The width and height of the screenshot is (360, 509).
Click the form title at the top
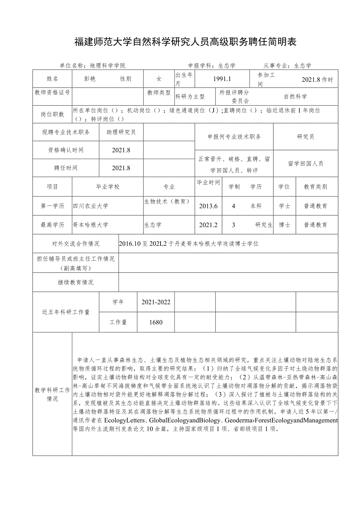click(x=185, y=42)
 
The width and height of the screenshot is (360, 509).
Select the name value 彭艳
click(x=90, y=79)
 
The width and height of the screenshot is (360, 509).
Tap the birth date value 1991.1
click(x=222, y=79)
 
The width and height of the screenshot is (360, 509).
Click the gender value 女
click(x=159, y=79)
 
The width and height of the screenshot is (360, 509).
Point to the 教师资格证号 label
click(x=52, y=93)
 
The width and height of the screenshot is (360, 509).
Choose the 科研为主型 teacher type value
click(x=190, y=96)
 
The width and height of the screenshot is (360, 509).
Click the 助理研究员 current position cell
click(x=121, y=132)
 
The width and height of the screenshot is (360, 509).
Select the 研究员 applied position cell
click(x=305, y=137)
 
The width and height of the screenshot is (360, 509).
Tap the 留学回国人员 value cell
click(x=305, y=164)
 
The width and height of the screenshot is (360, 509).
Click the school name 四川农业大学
click(x=91, y=206)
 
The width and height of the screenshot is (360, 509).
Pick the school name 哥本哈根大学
click(x=91, y=225)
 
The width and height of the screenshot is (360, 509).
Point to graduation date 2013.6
click(x=208, y=206)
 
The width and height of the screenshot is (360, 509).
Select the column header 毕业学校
click(x=108, y=187)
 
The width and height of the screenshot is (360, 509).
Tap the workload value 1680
click(x=156, y=322)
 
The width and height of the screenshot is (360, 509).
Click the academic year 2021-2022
click(x=156, y=302)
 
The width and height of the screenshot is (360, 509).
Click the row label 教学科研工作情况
click(x=52, y=394)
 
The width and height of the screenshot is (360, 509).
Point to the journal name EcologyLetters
click(x=124, y=421)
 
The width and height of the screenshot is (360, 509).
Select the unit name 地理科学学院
click(x=108, y=66)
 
